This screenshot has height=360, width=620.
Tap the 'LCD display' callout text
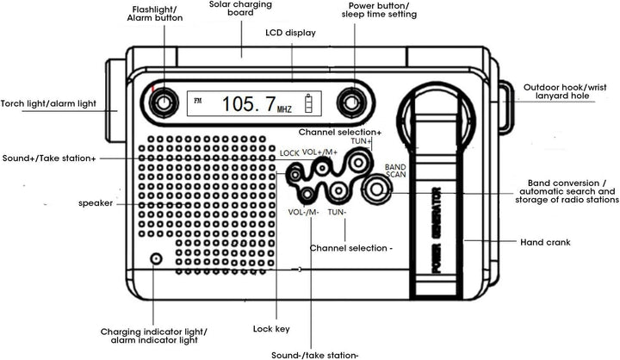click(290, 33)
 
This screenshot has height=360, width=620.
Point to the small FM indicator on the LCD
click(199, 101)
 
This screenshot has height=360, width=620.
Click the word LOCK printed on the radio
click(289, 153)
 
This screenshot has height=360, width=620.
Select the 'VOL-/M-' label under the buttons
click(304, 212)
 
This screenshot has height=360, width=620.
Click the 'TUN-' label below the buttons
click(338, 212)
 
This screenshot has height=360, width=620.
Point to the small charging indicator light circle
click(156, 258)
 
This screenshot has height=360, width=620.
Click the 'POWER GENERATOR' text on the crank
click(437, 228)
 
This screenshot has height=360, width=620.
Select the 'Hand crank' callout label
click(545, 242)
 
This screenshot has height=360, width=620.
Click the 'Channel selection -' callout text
click(350, 247)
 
